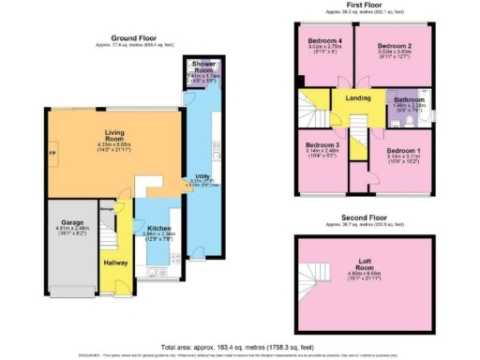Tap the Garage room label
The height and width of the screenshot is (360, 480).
pos(60,223)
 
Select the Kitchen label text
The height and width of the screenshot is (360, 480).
pos(157,227)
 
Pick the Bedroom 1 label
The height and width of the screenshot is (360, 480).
pos(404,150)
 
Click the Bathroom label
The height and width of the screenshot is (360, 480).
pos(410,99)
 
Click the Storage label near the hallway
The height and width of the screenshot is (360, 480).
pos(107,209)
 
